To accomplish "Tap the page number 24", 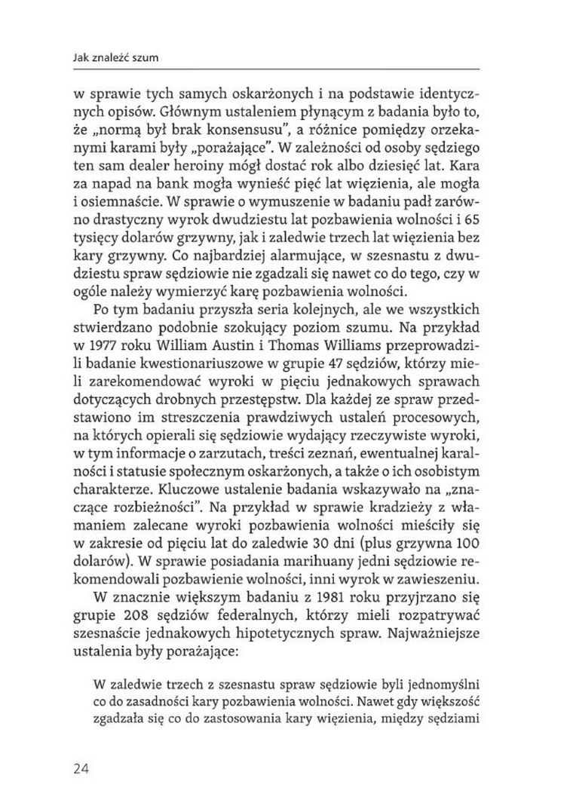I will point(82,768).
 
